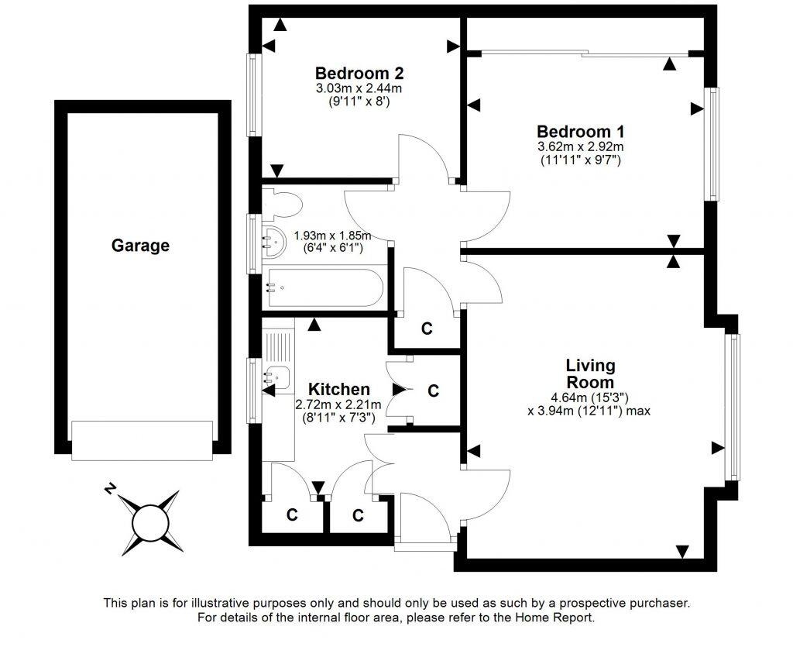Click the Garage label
(140, 246)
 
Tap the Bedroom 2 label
(359, 74)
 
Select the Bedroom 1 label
(581, 131)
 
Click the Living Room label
(590, 373)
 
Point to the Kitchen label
(338, 389)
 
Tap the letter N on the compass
(112, 489)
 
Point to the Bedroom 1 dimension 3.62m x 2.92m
(581, 146)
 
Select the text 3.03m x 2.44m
(359, 88)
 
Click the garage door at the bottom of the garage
(142, 440)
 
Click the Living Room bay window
(732, 407)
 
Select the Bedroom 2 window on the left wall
(252, 95)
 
